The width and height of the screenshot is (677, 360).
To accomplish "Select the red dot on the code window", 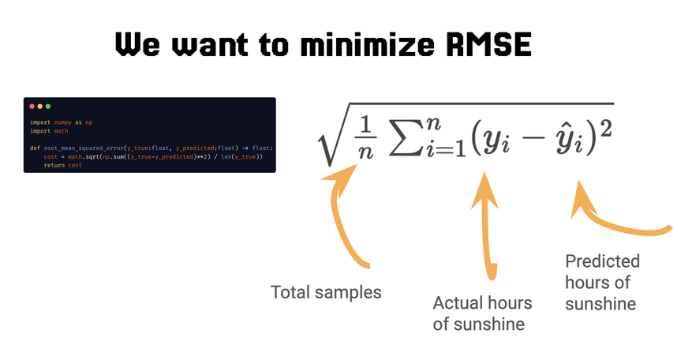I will [32, 106].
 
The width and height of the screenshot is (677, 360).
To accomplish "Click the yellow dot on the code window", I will [39, 106].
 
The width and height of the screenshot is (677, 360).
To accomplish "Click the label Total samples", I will [326, 292].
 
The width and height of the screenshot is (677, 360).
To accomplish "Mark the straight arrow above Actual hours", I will [487, 229].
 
